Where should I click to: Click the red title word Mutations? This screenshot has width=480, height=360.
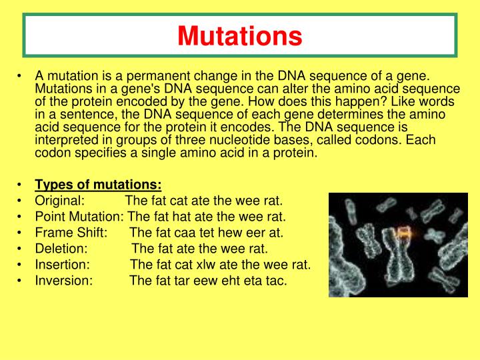point(240,35)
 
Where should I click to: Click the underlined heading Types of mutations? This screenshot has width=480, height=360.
point(98,185)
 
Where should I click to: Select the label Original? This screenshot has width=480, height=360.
point(60,201)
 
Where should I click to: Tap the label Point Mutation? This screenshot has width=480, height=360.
point(79,217)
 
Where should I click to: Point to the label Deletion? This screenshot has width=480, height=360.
point(61,249)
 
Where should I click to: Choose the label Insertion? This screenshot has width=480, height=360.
point(62,265)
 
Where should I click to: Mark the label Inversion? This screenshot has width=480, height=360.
point(64,281)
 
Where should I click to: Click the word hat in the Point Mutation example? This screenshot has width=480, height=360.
point(177,217)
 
